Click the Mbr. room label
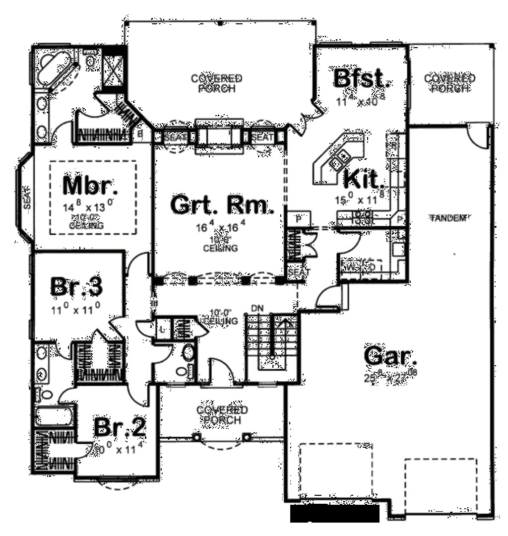[91, 186]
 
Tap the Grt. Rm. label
[222, 205]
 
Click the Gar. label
[390, 357]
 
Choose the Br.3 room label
[77, 286]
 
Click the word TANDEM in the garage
[448, 217]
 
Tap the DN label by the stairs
[256, 308]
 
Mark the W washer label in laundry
[350, 267]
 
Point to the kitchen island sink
[340, 159]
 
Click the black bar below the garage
[334, 514]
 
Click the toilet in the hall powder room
[189, 353]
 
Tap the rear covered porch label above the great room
[217, 83]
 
